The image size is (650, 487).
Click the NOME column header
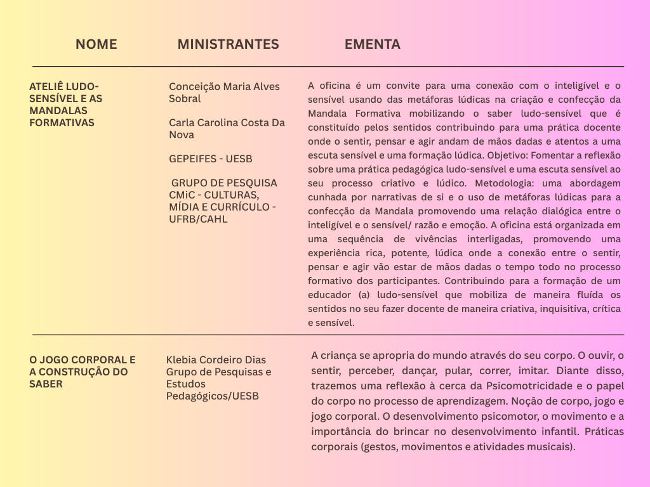(96, 44)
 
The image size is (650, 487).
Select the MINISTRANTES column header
(228, 44)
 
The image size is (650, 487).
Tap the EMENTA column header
(372, 44)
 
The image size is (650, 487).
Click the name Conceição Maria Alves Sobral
(224, 93)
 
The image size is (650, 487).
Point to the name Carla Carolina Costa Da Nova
(227, 129)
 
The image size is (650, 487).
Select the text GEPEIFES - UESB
(210, 159)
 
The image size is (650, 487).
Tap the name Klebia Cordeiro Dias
(216, 360)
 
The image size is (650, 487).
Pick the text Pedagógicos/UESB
(213, 396)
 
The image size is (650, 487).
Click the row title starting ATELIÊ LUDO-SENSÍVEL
(66, 105)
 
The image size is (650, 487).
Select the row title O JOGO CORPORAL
(83, 372)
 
